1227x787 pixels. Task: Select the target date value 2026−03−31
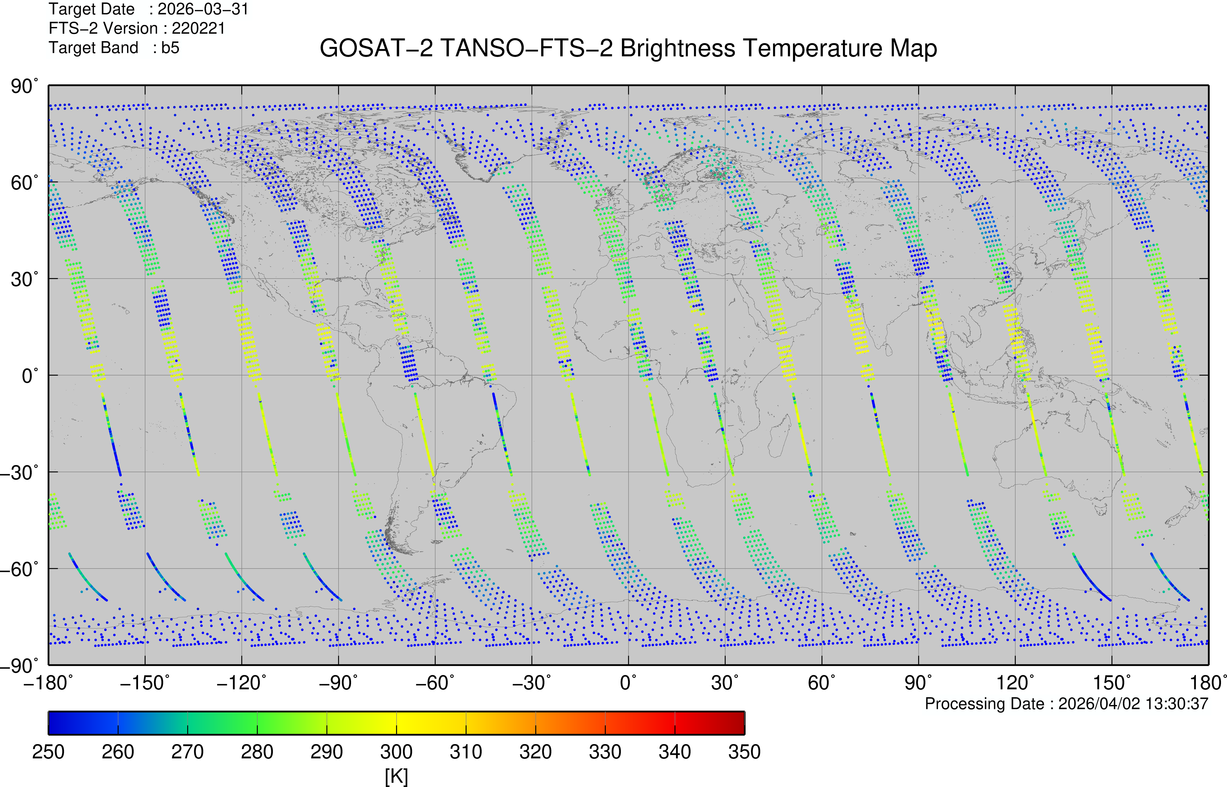(203, 9)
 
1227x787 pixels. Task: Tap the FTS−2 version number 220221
(198, 29)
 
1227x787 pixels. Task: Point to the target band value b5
(170, 48)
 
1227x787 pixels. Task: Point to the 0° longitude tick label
(628, 683)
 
